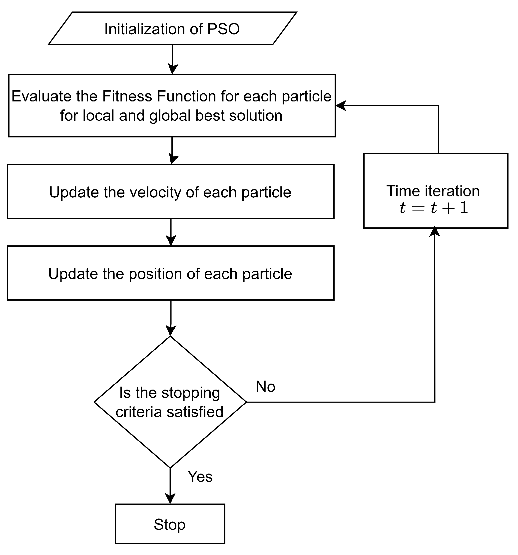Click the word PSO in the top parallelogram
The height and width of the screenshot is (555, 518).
[223, 29]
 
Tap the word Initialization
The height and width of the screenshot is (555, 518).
[145, 29]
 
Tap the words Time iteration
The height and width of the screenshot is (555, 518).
[433, 191]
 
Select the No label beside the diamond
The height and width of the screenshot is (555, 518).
[265, 386]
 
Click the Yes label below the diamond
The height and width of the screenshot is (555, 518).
[200, 476]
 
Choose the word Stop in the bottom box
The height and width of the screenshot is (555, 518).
[169, 524]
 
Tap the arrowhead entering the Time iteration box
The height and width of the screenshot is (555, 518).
[435, 232]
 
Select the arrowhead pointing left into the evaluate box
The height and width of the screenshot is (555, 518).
[341, 105]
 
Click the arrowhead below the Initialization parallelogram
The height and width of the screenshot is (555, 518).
[173, 69]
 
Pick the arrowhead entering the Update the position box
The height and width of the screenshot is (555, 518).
[171, 240]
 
